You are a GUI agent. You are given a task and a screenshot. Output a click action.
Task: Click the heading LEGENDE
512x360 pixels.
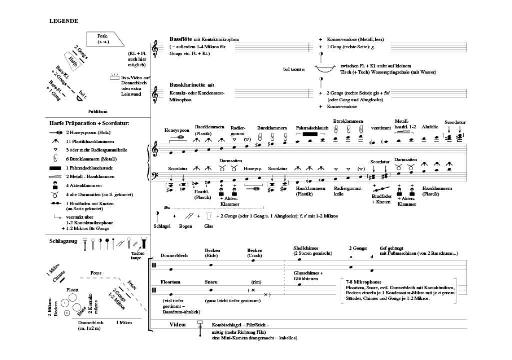click(63, 21)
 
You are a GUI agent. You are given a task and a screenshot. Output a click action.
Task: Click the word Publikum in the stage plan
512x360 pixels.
click(98, 112)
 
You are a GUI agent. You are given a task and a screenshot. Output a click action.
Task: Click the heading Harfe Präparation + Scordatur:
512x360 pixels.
click(89, 123)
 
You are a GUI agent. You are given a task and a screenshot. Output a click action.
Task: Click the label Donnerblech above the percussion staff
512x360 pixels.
click(174, 256)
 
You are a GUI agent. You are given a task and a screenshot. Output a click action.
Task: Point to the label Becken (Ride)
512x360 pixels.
click(213, 253)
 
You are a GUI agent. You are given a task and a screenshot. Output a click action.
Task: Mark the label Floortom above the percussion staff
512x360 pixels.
click(170, 282)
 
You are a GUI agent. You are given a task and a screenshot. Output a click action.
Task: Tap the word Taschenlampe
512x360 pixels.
click(135, 256)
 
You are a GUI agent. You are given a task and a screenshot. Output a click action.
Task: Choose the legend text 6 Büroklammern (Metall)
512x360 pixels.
click(91, 159)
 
